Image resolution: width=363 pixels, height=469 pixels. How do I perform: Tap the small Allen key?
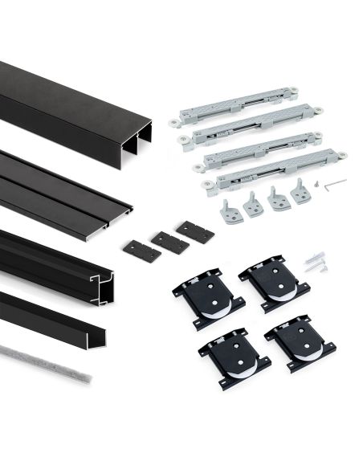click(336, 183)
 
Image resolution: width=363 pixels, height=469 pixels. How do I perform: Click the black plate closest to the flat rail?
click(141, 250)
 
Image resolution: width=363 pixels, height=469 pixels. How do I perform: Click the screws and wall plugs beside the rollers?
click(316, 260)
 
